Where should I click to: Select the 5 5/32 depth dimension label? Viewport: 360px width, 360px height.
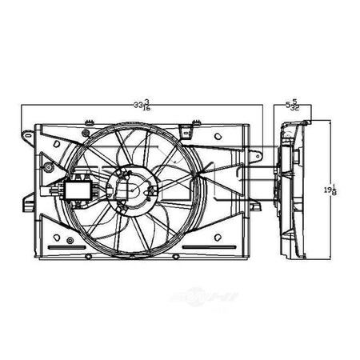[x=294, y=104]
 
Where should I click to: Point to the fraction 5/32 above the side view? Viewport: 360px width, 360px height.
[x=297, y=104]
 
